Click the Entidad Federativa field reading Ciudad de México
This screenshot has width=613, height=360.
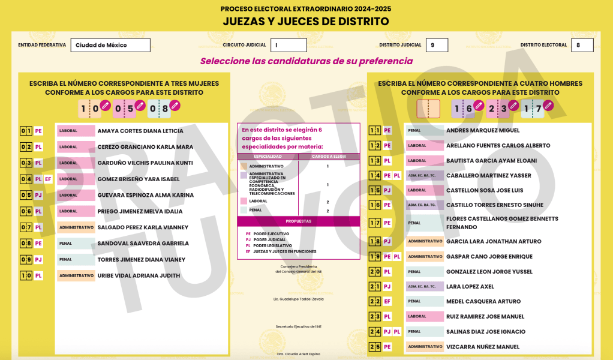(x=110, y=45)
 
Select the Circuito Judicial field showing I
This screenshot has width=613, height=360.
(x=289, y=45)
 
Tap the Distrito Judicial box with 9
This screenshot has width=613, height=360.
(x=437, y=45)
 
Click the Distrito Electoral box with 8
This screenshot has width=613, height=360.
(x=582, y=45)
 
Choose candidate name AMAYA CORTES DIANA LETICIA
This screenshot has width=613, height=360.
(x=140, y=131)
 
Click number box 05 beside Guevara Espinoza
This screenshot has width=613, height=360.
(x=25, y=195)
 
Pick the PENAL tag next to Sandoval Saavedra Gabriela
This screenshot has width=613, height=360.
(x=76, y=244)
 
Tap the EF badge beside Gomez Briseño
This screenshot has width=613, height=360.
(x=48, y=179)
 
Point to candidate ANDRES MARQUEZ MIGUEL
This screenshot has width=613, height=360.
(x=483, y=130)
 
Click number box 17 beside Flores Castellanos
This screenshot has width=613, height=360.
(x=375, y=223)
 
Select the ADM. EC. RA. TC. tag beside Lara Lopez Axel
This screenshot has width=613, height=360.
(x=425, y=287)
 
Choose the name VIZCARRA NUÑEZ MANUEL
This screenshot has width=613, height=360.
(x=483, y=347)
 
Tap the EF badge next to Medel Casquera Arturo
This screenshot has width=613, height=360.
(x=387, y=302)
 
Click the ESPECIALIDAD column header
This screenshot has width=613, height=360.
(x=268, y=157)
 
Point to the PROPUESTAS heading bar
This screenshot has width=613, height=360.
(x=298, y=221)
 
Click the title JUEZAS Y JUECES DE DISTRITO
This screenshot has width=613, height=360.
(x=306, y=22)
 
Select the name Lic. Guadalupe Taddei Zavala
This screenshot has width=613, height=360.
(x=298, y=299)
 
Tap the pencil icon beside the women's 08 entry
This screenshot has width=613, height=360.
(x=175, y=106)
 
